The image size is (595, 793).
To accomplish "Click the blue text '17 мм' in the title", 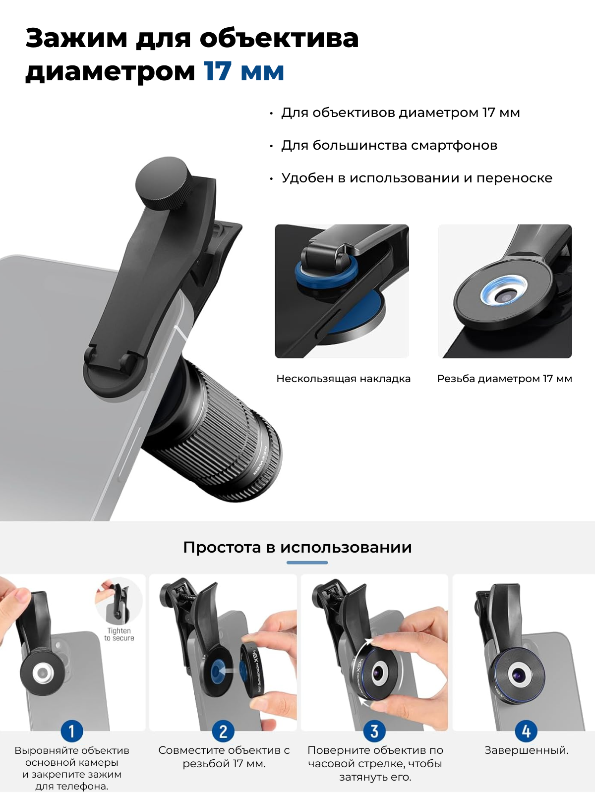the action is point(244,71).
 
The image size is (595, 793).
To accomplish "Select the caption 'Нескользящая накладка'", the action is point(343,379).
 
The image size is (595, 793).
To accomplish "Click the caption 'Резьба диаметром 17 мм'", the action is point(504,379).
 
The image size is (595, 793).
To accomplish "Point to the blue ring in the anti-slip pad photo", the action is point(326,274).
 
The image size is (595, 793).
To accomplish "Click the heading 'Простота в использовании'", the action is point(297,547).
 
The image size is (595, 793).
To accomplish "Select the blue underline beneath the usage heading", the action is point(307,563).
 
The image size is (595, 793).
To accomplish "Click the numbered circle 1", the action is point(71,731).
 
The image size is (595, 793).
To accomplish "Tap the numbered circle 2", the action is point(223,731).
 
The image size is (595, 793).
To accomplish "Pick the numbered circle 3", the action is point(374,731).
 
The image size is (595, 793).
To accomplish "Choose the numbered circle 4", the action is point(526,731).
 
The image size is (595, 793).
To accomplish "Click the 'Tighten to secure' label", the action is point(119,634).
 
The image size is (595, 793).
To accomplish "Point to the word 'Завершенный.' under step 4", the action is point(527,750).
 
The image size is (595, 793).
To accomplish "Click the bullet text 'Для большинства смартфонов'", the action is point(389,145).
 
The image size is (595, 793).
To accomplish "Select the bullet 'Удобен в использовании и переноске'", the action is point(417,178).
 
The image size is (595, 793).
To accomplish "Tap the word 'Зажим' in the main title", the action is point(76,39).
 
